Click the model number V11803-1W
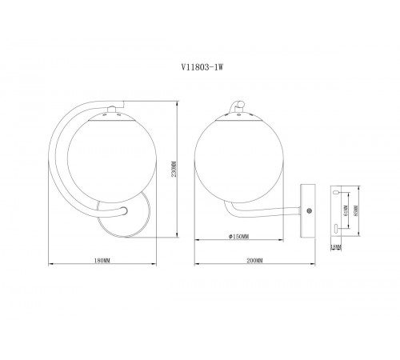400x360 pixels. pos(199,69)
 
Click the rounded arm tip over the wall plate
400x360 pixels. pos(124,210)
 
